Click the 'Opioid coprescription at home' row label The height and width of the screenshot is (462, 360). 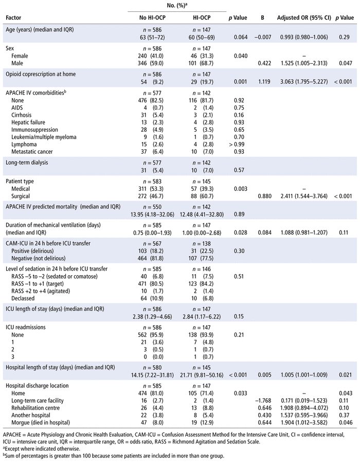[x=41, y=74]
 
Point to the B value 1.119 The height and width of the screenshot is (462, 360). [x=263, y=81]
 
